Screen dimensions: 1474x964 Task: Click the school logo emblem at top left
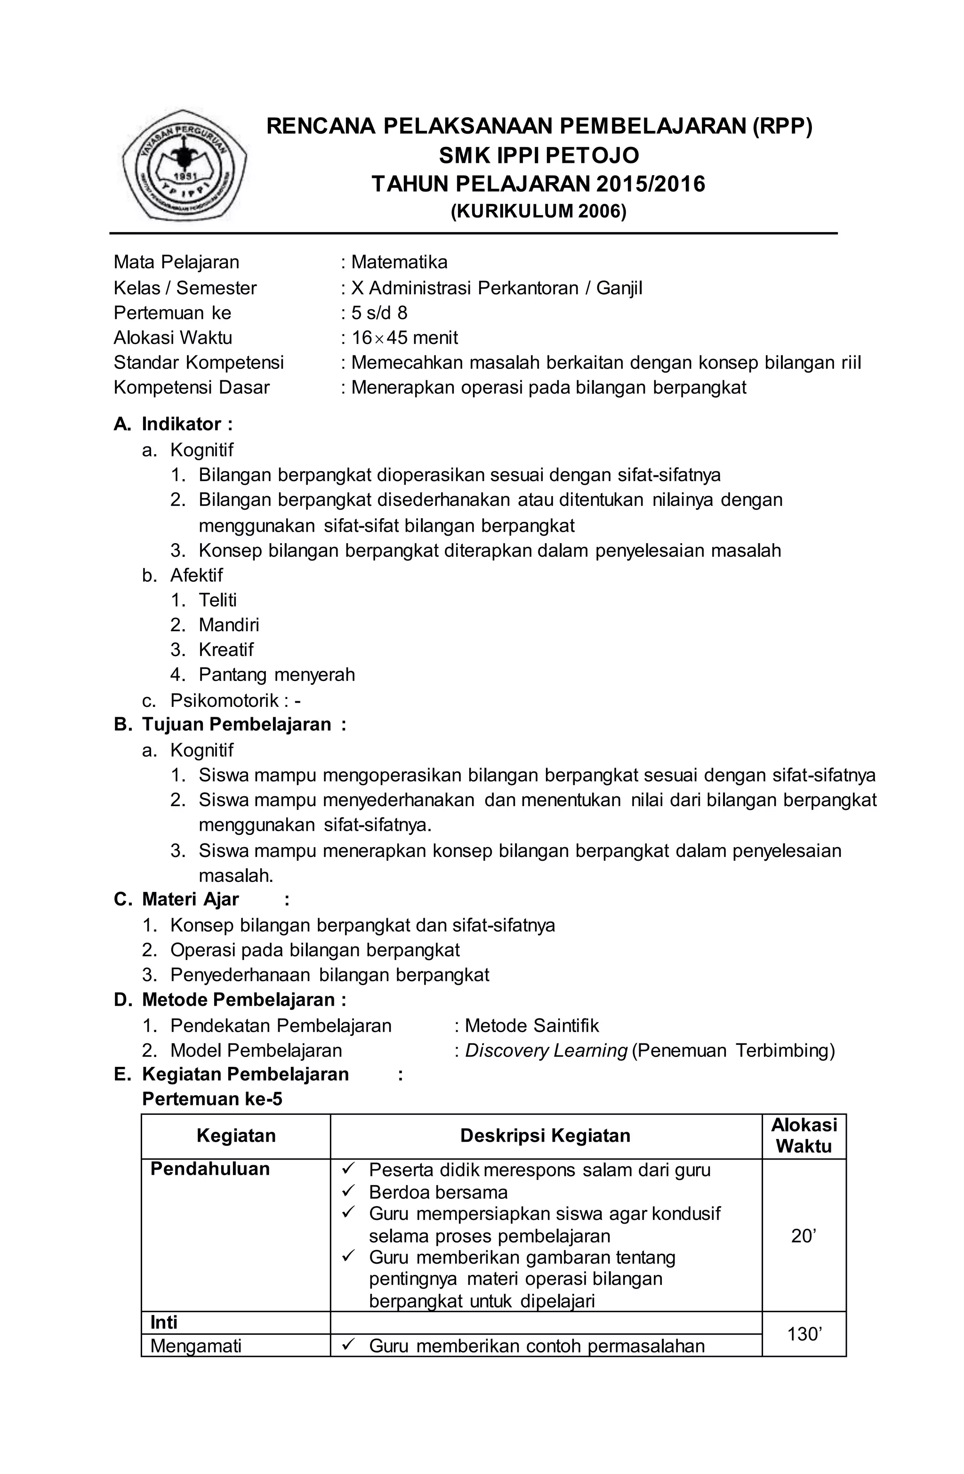coord(185,165)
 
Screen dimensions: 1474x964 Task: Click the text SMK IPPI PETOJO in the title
coord(538,155)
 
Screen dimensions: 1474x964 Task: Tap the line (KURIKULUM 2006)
coord(538,212)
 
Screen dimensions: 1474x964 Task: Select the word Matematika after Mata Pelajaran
coord(399,262)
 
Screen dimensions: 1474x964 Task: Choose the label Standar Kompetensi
coord(198,362)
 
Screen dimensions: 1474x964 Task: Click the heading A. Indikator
coord(174,424)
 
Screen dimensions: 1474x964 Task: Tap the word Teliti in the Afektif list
coord(217,600)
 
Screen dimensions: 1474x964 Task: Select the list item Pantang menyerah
coord(276,674)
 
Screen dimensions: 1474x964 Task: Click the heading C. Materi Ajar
coord(191,899)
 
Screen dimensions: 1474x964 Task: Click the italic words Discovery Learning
coord(546,1050)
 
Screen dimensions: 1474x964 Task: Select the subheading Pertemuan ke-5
coord(212,1099)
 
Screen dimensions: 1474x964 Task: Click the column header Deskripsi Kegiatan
coord(545,1135)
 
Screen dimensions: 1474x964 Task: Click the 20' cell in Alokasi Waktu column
coord(803,1236)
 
